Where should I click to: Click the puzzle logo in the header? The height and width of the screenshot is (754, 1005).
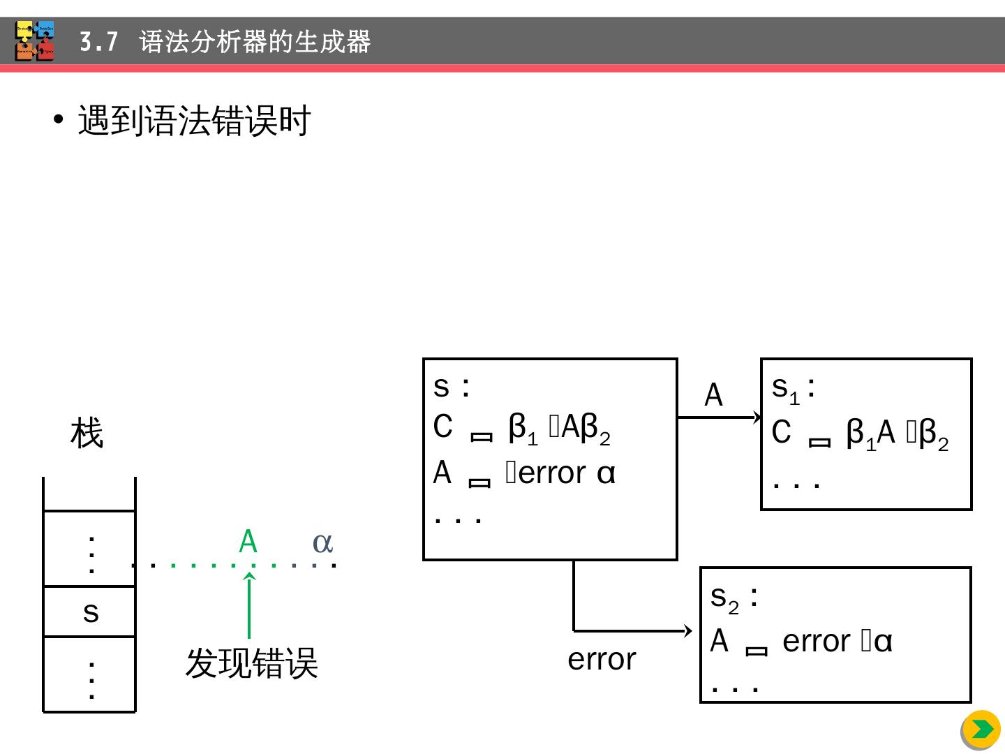tap(34, 41)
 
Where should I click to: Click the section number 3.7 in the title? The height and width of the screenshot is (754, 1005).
tap(98, 43)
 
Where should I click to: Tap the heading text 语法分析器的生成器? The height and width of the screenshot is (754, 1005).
tap(255, 43)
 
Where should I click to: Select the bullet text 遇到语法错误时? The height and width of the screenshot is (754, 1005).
tap(194, 121)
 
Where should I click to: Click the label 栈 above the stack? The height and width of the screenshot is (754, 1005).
tap(87, 433)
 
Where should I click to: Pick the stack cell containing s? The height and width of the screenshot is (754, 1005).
tap(90, 612)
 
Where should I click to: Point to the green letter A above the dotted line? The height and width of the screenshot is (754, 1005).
tap(248, 542)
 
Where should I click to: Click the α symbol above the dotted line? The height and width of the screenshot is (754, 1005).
tap(322, 542)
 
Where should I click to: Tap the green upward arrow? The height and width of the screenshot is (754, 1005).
tap(249, 605)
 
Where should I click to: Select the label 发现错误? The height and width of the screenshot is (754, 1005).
tap(251, 663)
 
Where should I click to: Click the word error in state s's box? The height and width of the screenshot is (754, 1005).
tap(553, 473)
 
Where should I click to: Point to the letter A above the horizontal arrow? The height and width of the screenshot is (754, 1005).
tap(713, 395)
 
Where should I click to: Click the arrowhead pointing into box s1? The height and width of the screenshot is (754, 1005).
tap(757, 417)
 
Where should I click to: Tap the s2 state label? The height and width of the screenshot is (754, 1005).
tap(734, 598)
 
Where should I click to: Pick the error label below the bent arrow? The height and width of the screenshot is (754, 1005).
tap(602, 659)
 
